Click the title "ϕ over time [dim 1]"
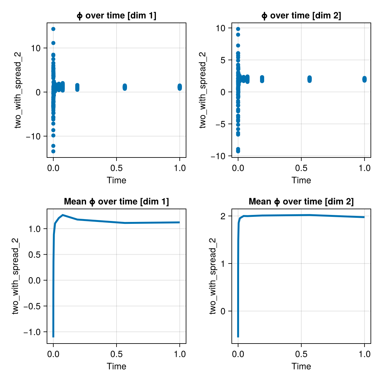point(117,16)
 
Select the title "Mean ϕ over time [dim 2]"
point(301,202)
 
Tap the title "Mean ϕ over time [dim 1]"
point(117,202)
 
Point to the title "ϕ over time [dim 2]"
point(301,16)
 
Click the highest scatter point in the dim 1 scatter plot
point(53,29)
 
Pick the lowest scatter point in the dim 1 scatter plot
point(53,151)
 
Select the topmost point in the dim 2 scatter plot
point(238,29)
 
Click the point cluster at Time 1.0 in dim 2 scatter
point(364,79)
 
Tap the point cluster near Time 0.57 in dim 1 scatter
point(125,87)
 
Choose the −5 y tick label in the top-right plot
point(220,124)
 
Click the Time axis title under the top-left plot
point(117,180)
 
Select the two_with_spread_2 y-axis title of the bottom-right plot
point(213,276)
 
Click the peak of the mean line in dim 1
point(63,215)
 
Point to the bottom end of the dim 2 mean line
point(238,337)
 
